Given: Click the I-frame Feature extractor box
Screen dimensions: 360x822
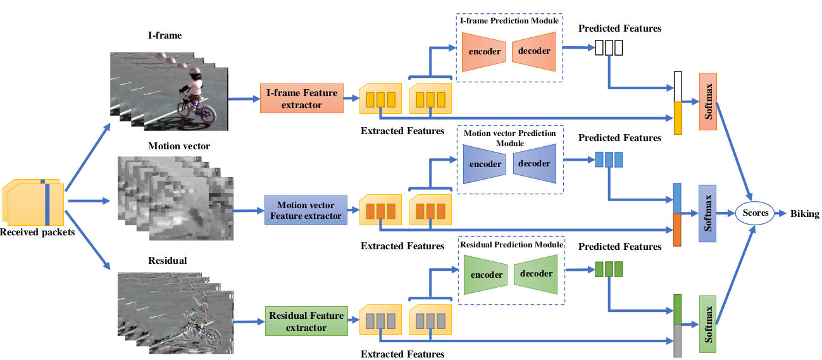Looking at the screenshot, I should point(302,99).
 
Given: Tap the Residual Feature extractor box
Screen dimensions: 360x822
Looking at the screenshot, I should point(306,321).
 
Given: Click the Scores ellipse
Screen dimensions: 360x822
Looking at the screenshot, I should point(756,213).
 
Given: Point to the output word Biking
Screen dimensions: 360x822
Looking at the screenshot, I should point(804,214).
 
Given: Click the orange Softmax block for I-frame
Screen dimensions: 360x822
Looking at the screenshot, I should point(707,101).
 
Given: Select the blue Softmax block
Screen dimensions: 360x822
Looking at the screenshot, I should point(707,214).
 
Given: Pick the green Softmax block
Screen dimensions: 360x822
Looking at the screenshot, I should point(707,324).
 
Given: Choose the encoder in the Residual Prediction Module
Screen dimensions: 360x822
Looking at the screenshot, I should point(487,275).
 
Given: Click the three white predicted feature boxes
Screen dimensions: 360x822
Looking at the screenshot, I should point(609,47).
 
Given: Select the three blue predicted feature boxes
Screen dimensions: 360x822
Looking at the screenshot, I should point(609,159).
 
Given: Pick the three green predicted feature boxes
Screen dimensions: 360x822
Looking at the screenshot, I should point(609,269).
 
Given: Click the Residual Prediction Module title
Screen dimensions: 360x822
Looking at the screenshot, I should point(512,245).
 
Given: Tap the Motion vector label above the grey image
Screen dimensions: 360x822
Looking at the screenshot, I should point(179,146).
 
